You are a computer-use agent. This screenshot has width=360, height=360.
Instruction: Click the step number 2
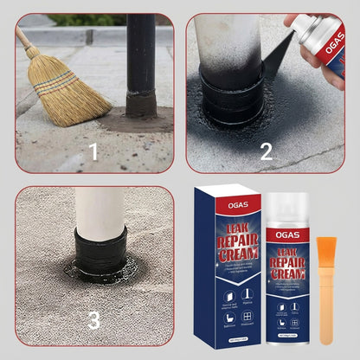click(266, 153)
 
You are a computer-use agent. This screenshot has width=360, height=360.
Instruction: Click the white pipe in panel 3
click(99, 208)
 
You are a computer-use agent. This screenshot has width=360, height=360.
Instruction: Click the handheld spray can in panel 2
click(325, 43)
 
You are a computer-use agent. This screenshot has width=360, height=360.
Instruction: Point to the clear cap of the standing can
click(286, 205)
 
